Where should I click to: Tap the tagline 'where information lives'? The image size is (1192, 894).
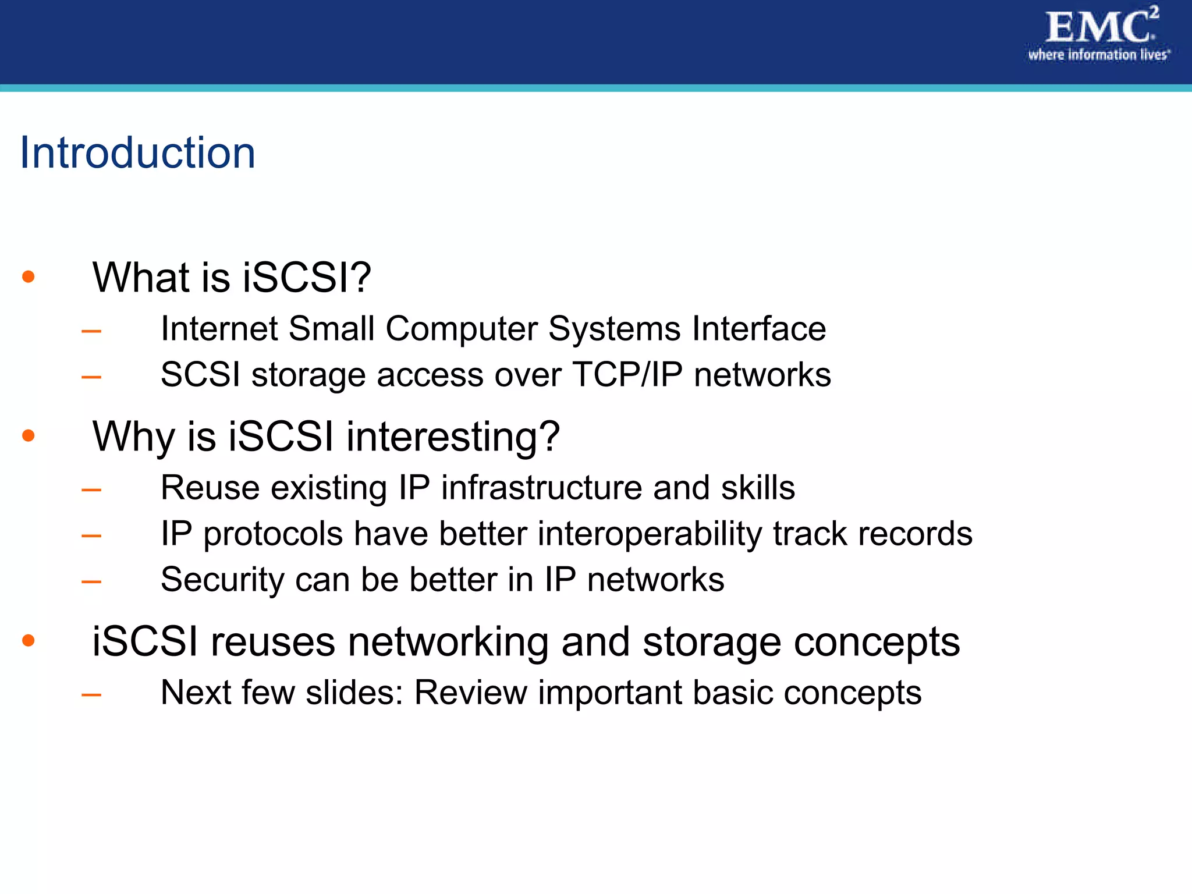(1098, 55)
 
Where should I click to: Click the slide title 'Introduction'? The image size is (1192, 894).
(138, 152)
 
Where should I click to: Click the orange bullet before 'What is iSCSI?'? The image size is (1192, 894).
(29, 276)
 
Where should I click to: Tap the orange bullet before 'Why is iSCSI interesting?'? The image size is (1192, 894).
(29, 435)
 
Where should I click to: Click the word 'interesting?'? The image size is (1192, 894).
(453, 437)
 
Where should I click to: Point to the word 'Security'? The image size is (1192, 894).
(222, 580)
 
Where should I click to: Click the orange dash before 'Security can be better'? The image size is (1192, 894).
(91, 581)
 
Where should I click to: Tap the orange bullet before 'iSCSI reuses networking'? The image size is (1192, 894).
(29, 641)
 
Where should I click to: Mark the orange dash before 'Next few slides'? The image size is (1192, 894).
(91, 694)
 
